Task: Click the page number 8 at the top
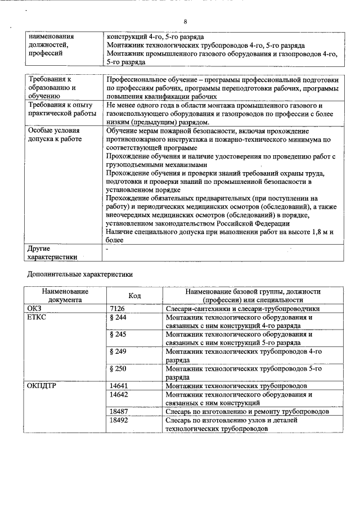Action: click(x=184, y=21)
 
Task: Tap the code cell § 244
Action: click(x=119, y=317)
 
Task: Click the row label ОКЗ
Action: click(x=35, y=309)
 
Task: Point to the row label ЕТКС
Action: click(x=37, y=317)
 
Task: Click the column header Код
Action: click(x=134, y=296)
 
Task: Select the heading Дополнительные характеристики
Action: click(x=80, y=275)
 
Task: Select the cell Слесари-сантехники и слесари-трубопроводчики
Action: click(x=242, y=309)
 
